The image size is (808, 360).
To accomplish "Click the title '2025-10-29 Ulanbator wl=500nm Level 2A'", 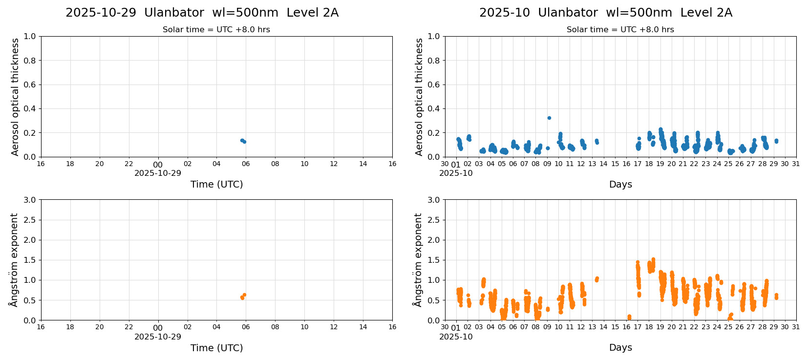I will [x=202, y=13].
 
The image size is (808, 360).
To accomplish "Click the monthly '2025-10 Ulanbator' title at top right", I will [x=605, y=13].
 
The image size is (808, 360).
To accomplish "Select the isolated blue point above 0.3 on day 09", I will [x=549, y=118].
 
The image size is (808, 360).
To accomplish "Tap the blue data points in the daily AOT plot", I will [x=243, y=141].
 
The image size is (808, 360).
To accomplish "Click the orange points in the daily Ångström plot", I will [x=243, y=296].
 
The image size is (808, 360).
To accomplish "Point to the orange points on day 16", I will [x=629, y=317].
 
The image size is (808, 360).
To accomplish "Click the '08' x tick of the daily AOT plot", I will [x=275, y=164].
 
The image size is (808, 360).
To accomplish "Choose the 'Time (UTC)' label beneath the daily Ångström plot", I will [x=216, y=348].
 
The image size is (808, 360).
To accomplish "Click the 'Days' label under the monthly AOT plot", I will [x=620, y=185].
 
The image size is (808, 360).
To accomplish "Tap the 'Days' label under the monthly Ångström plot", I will [x=620, y=348].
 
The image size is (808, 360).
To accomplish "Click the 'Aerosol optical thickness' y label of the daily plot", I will [x=15, y=97].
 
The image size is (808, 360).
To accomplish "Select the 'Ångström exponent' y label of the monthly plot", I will [x=418, y=260].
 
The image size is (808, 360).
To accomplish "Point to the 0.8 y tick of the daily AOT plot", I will [x=30, y=61].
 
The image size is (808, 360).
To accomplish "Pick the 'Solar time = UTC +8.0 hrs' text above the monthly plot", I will [x=620, y=30].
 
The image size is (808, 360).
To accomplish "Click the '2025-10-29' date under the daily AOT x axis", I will [x=158, y=173].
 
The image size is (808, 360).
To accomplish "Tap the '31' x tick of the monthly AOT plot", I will [x=796, y=164].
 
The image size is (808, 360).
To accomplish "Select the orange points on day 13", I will [x=596, y=279].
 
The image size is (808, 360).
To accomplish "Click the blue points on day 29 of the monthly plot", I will [x=776, y=141].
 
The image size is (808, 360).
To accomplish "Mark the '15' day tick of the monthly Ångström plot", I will [x=615, y=327].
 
